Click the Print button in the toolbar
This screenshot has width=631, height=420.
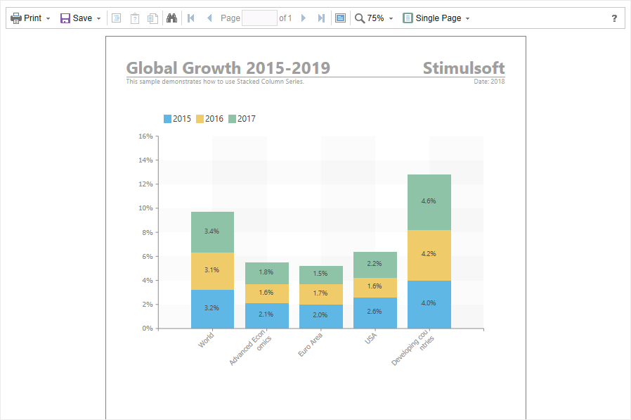tap(30, 18)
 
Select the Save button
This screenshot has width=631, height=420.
tap(80, 18)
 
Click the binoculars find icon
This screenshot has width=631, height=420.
tap(172, 18)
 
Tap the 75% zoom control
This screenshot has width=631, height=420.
tap(373, 18)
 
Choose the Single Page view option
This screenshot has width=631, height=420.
tap(436, 18)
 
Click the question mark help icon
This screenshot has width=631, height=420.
tap(614, 18)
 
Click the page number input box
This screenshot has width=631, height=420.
tap(259, 18)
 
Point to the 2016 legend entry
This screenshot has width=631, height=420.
tap(209, 119)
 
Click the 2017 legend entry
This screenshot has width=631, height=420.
tap(242, 119)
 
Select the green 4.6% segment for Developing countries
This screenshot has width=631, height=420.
tap(429, 203)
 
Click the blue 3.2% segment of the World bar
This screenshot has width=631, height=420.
tap(212, 309)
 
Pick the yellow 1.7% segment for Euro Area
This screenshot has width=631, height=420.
tap(320, 294)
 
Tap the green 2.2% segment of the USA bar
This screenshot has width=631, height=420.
tap(375, 265)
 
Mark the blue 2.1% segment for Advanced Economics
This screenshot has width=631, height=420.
tap(267, 316)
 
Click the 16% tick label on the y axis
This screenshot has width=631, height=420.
tap(145, 136)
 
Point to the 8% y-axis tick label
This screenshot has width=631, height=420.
tap(148, 233)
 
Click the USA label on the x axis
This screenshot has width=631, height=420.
tap(370, 338)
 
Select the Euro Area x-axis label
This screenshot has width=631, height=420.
tap(311, 345)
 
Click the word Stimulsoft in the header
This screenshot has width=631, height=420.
tap(464, 68)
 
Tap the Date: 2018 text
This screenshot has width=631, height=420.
tap(489, 82)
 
